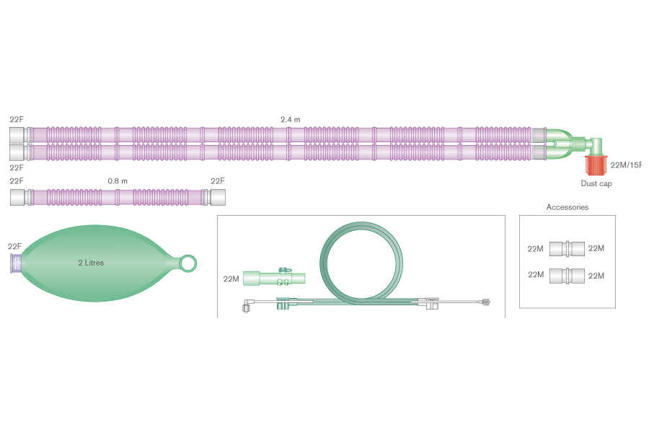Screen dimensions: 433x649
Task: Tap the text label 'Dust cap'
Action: coord(596,184)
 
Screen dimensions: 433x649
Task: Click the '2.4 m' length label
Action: coord(291,119)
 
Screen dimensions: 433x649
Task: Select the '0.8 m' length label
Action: coord(118,181)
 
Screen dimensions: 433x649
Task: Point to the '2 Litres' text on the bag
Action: coord(91,263)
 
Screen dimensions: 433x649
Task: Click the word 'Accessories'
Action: coord(567,207)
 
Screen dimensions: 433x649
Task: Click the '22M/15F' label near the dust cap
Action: coord(624,165)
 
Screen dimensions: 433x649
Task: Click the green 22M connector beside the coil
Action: coord(274,278)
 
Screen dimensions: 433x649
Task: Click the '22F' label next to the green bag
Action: coord(15,247)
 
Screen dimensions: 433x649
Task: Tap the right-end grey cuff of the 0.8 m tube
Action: coord(216,196)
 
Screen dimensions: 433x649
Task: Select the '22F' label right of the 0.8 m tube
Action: coord(217,181)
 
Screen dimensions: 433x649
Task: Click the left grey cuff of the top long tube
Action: coord(18,135)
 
